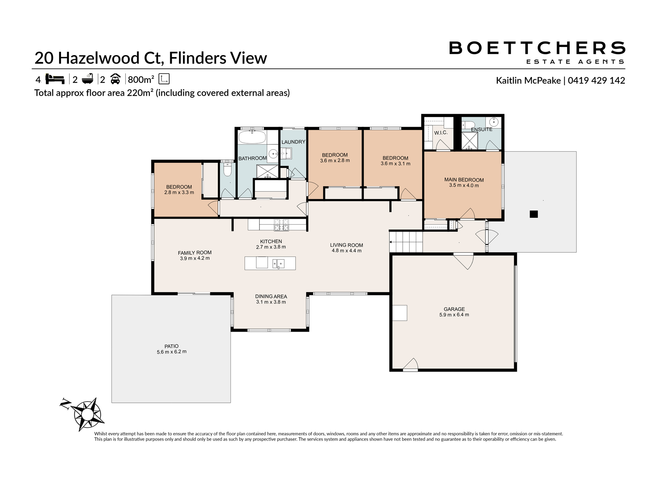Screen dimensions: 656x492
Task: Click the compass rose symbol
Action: point(87,414)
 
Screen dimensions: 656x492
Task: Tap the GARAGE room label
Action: point(454,309)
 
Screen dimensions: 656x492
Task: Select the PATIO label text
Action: point(172,346)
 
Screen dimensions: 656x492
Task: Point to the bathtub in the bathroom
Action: point(252,137)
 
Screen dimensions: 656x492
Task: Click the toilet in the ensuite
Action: point(468,125)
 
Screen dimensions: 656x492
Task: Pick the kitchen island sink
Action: point(278,263)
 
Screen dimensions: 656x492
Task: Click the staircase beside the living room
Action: point(406,242)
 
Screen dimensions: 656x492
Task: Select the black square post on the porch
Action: point(534,214)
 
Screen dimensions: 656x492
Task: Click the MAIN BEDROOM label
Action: point(464,180)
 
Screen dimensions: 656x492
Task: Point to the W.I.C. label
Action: point(441,133)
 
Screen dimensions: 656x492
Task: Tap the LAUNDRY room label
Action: point(293,142)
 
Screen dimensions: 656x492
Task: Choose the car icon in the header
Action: point(115,79)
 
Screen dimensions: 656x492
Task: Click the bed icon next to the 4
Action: point(55,79)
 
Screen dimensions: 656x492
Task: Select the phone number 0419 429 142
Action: point(596,80)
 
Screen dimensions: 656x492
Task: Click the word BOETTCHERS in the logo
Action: point(537,48)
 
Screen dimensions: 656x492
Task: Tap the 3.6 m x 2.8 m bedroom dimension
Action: point(335,161)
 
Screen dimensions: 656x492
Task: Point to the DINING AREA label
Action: point(271,297)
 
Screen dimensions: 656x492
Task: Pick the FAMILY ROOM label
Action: point(195,253)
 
